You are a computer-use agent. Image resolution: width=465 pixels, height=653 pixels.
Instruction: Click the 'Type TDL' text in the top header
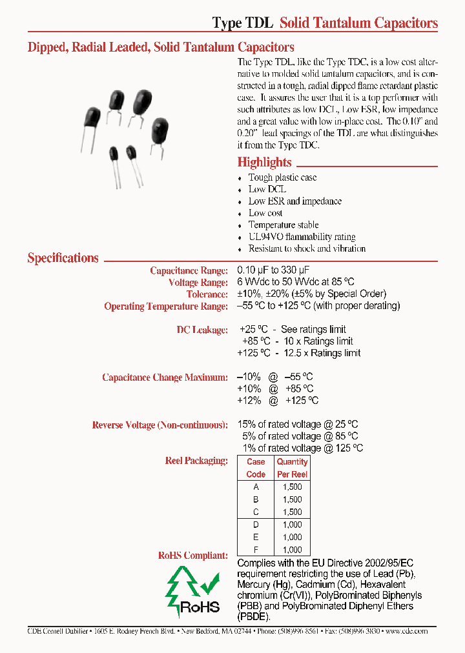click(243, 23)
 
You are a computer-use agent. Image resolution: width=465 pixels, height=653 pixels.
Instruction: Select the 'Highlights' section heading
click(264, 163)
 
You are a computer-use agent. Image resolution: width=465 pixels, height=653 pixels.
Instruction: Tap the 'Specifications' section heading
click(63, 258)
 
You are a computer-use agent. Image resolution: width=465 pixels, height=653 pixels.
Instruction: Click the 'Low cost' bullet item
click(265, 213)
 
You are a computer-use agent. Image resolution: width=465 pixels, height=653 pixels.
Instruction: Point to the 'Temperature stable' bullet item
click(284, 225)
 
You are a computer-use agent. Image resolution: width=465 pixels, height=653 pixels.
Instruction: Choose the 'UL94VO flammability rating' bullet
click(302, 237)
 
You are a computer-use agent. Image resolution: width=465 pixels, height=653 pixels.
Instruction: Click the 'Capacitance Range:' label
click(189, 271)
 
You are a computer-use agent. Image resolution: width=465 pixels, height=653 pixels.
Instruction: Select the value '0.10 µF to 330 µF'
click(277, 271)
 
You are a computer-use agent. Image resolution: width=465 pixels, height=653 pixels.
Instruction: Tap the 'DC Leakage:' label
click(202, 330)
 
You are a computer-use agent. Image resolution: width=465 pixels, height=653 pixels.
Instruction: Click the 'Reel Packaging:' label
click(196, 461)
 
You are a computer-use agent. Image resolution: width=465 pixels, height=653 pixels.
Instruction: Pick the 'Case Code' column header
click(256, 468)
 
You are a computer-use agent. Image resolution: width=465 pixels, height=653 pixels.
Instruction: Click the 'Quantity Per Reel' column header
click(292, 468)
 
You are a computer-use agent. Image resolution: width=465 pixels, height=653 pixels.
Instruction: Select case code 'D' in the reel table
click(256, 525)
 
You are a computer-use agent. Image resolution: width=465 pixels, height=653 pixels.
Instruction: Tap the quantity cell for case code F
click(292, 550)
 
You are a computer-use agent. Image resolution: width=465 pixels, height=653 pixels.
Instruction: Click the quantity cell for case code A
click(292, 487)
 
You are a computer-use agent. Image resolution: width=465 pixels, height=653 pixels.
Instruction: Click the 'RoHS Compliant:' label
click(192, 555)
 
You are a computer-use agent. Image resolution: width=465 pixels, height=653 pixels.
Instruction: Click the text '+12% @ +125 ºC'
click(278, 401)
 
